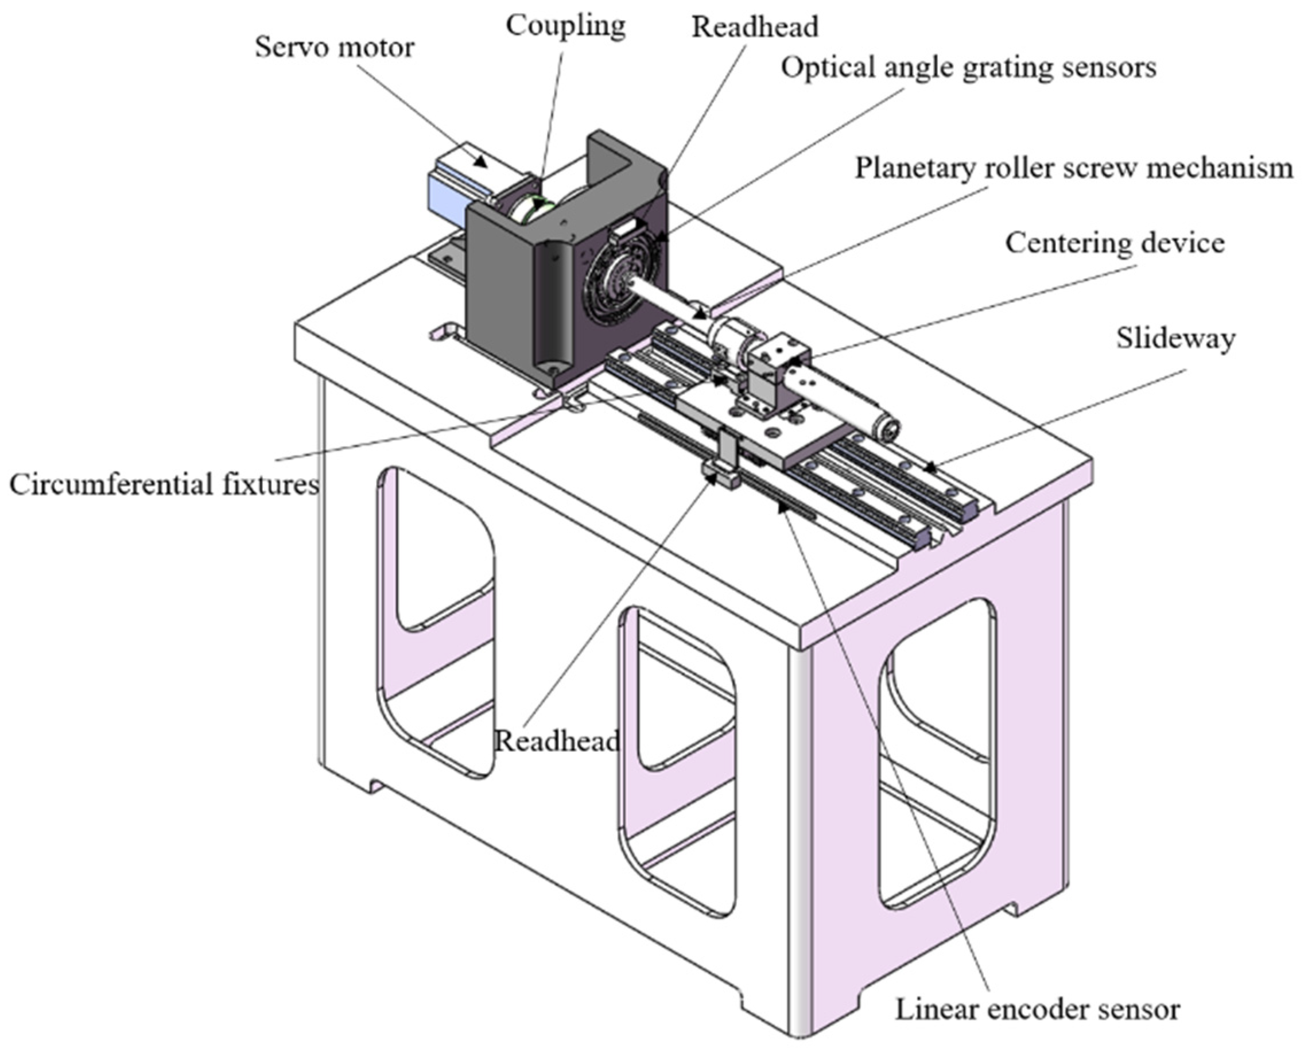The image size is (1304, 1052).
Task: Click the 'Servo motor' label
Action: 335,47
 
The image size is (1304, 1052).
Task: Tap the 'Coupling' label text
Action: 565,26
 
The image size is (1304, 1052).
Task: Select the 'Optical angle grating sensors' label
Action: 968,67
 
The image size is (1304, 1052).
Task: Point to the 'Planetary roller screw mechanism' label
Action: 1073,168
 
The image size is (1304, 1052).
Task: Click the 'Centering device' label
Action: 1115,243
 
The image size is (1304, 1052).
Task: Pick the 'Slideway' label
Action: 1175,338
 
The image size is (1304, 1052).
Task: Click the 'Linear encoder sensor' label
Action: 1037,1010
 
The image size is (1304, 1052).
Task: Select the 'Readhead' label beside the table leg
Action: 556,740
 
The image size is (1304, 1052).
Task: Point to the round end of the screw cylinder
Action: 888,431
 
